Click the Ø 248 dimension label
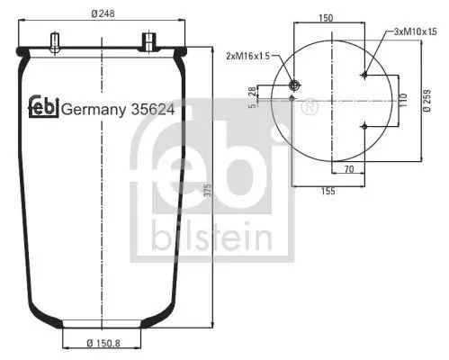point(103,13)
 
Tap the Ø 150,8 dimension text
point(103,343)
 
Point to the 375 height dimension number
point(208,190)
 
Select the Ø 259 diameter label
point(427,101)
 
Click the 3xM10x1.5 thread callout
point(415,31)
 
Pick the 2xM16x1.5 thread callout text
point(247,56)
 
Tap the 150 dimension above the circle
point(326,18)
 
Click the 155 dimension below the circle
point(328,191)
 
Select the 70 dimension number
point(349,169)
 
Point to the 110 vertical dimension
point(404,100)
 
